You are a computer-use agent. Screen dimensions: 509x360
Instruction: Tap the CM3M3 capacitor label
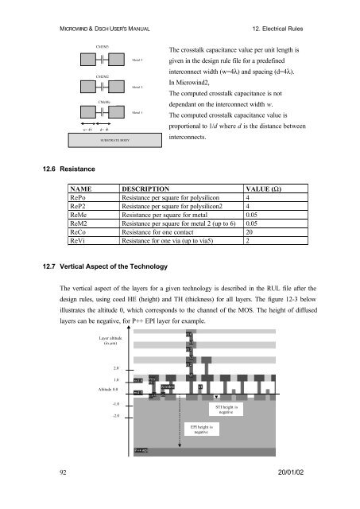coord(102,48)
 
